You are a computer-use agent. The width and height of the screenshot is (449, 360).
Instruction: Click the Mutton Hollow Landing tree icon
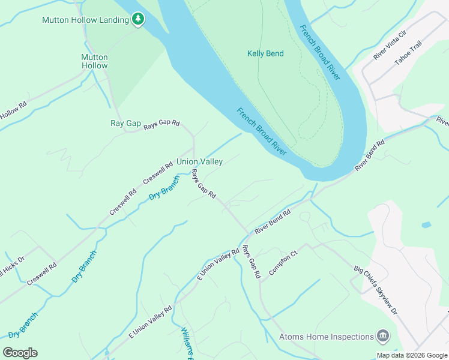click(139, 20)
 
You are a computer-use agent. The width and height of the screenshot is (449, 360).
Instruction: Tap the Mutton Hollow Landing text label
click(85, 20)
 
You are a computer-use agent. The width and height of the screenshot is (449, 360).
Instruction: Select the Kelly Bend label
click(265, 53)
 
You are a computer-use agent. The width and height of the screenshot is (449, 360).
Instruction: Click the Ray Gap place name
click(125, 124)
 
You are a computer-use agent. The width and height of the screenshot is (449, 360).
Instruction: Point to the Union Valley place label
click(199, 161)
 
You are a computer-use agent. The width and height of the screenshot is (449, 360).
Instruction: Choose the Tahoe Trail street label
click(408, 53)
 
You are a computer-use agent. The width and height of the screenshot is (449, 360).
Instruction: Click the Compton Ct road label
click(283, 263)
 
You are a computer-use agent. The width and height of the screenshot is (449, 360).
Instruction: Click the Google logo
click(20, 353)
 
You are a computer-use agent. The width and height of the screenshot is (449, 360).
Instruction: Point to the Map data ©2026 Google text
click(412, 355)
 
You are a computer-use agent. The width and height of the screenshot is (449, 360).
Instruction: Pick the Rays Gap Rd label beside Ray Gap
click(161, 123)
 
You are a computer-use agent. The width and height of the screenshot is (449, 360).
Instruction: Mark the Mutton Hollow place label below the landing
click(94, 61)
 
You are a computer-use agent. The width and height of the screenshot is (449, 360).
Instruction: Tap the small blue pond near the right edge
click(426, 225)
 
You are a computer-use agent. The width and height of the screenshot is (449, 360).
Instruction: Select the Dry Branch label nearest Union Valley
click(164, 187)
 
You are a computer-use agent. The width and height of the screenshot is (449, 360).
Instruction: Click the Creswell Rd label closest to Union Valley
click(157, 173)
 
